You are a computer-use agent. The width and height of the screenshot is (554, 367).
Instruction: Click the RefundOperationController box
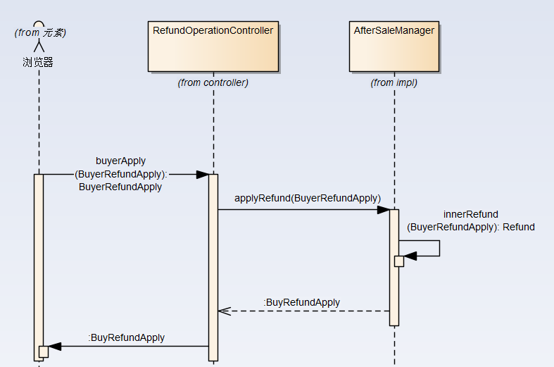tap(213, 46)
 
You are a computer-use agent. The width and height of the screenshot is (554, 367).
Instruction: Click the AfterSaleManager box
tap(394, 46)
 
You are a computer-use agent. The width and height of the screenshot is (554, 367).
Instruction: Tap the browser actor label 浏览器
tap(38, 62)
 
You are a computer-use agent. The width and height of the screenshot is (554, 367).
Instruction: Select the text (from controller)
tap(213, 82)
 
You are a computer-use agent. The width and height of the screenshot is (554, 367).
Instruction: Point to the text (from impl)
tap(394, 82)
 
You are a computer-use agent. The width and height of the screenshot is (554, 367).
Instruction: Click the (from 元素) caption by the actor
tap(40, 32)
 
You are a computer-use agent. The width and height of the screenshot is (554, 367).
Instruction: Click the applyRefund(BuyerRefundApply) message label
tap(308, 198)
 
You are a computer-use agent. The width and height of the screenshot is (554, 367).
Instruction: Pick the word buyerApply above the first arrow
tap(120, 161)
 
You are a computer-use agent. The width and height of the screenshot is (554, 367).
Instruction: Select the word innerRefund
tap(471, 214)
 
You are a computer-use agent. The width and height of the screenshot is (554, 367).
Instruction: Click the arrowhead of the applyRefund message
tap(384, 209)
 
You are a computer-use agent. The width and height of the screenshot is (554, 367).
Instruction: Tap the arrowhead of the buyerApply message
tap(202, 174)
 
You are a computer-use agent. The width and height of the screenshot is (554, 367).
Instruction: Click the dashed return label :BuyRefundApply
tap(301, 302)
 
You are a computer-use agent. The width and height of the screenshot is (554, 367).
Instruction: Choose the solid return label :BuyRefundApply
tap(127, 337)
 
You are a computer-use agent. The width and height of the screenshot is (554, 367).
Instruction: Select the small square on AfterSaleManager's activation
tap(399, 261)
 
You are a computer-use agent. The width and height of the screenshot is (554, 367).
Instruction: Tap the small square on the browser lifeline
tap(43, 351)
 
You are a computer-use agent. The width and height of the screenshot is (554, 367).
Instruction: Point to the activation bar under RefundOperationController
tap(213, 268)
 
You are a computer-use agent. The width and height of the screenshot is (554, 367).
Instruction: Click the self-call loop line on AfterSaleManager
tap(439, 248)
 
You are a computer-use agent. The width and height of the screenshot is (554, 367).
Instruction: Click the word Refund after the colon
tap(519, 227)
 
